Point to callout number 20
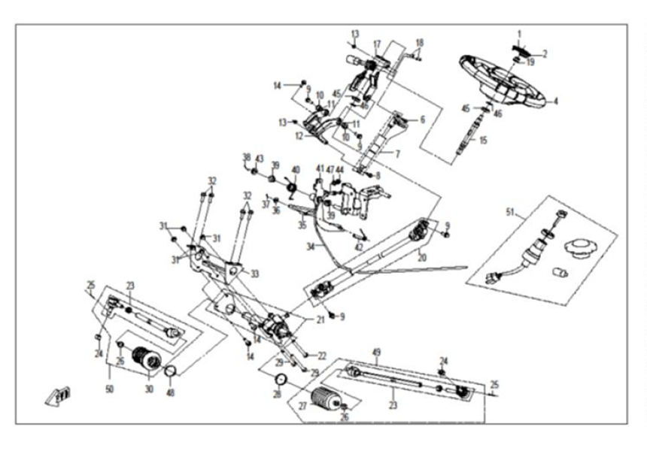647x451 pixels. pyautogui.click(x=422, y=257)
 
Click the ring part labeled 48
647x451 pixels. pyautogui.click(x=170, y=371)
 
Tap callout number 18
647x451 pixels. pyautogui.click(x=420, y=43)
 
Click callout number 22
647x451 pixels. pyautogui.click(x=321, y=355)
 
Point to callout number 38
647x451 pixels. pyautogui.click(x=246, y=156)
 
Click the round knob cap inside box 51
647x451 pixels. pyautogui.click(x=580, y=246)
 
